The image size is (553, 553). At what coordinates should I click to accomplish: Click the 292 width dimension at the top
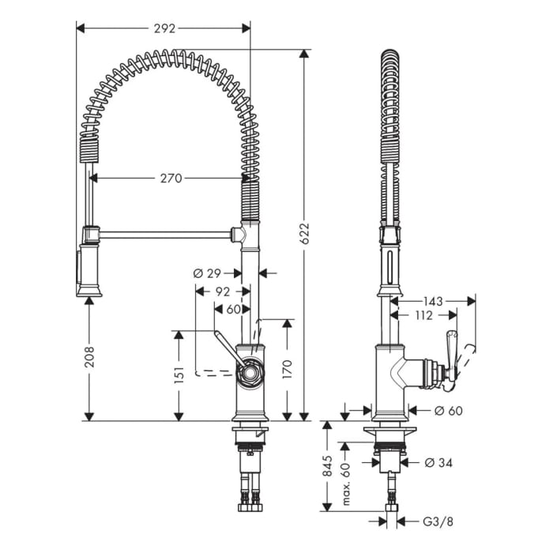click(164, 27)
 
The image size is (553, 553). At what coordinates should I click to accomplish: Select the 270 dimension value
click(171, 179)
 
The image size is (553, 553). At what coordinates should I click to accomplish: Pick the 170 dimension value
click(287, 367)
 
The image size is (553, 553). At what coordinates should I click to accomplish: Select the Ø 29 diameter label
click(208, 273)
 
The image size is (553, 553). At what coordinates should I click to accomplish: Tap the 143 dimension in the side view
click(433, 301)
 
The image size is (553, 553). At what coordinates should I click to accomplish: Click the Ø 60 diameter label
click(448, 411)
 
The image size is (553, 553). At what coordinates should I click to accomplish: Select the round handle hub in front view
click(250, 371)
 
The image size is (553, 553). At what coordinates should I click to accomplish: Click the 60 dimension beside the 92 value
click(233, 310)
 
